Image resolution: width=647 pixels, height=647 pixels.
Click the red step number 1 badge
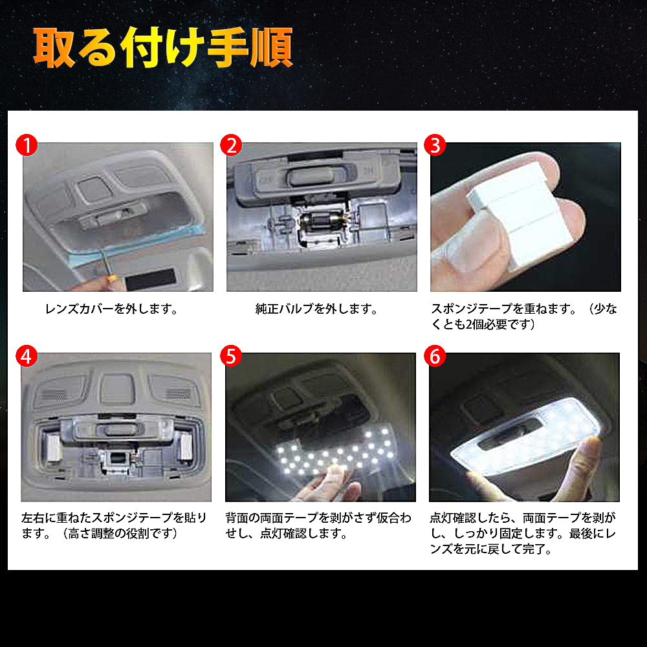[27, 145]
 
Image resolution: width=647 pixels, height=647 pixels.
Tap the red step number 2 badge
[231, 145]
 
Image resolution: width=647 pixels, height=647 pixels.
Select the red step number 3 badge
[435, 145]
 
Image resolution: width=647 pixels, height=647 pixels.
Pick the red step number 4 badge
[27, 356]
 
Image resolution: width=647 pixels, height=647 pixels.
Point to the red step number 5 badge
[231, 356]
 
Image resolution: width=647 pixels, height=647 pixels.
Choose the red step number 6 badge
[435, 356]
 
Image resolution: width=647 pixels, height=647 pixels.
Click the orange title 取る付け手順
[163, 47]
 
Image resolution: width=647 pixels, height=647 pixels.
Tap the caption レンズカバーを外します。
[111, 309]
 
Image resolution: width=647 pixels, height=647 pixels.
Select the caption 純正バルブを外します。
[316, 309]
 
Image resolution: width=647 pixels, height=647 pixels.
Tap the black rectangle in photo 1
[151, 280]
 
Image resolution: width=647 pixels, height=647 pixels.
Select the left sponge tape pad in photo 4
[54, 447]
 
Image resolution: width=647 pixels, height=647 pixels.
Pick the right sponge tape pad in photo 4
[186, 447]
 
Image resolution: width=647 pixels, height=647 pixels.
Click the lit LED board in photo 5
[336, 452]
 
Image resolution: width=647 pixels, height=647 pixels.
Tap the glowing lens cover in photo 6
[525, 438]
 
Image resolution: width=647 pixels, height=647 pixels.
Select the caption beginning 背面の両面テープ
[318, 525]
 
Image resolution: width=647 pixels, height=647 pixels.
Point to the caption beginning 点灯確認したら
[523, 533]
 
